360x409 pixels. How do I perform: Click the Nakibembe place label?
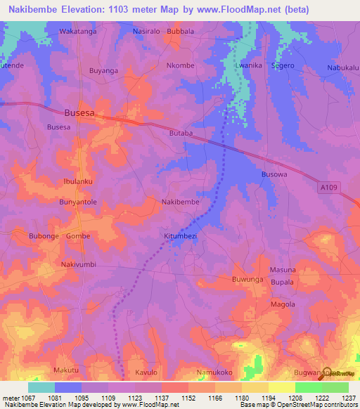181,202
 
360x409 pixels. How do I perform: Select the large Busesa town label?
79,112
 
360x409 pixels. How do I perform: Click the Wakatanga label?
77,32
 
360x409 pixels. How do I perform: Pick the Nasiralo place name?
148,32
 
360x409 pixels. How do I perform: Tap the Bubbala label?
180,32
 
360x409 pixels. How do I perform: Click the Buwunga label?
247,280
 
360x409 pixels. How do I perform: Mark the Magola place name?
283,304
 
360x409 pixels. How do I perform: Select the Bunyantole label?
77,202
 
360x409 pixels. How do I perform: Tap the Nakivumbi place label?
78,264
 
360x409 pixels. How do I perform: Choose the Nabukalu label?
342,67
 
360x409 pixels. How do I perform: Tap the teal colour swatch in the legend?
41,387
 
